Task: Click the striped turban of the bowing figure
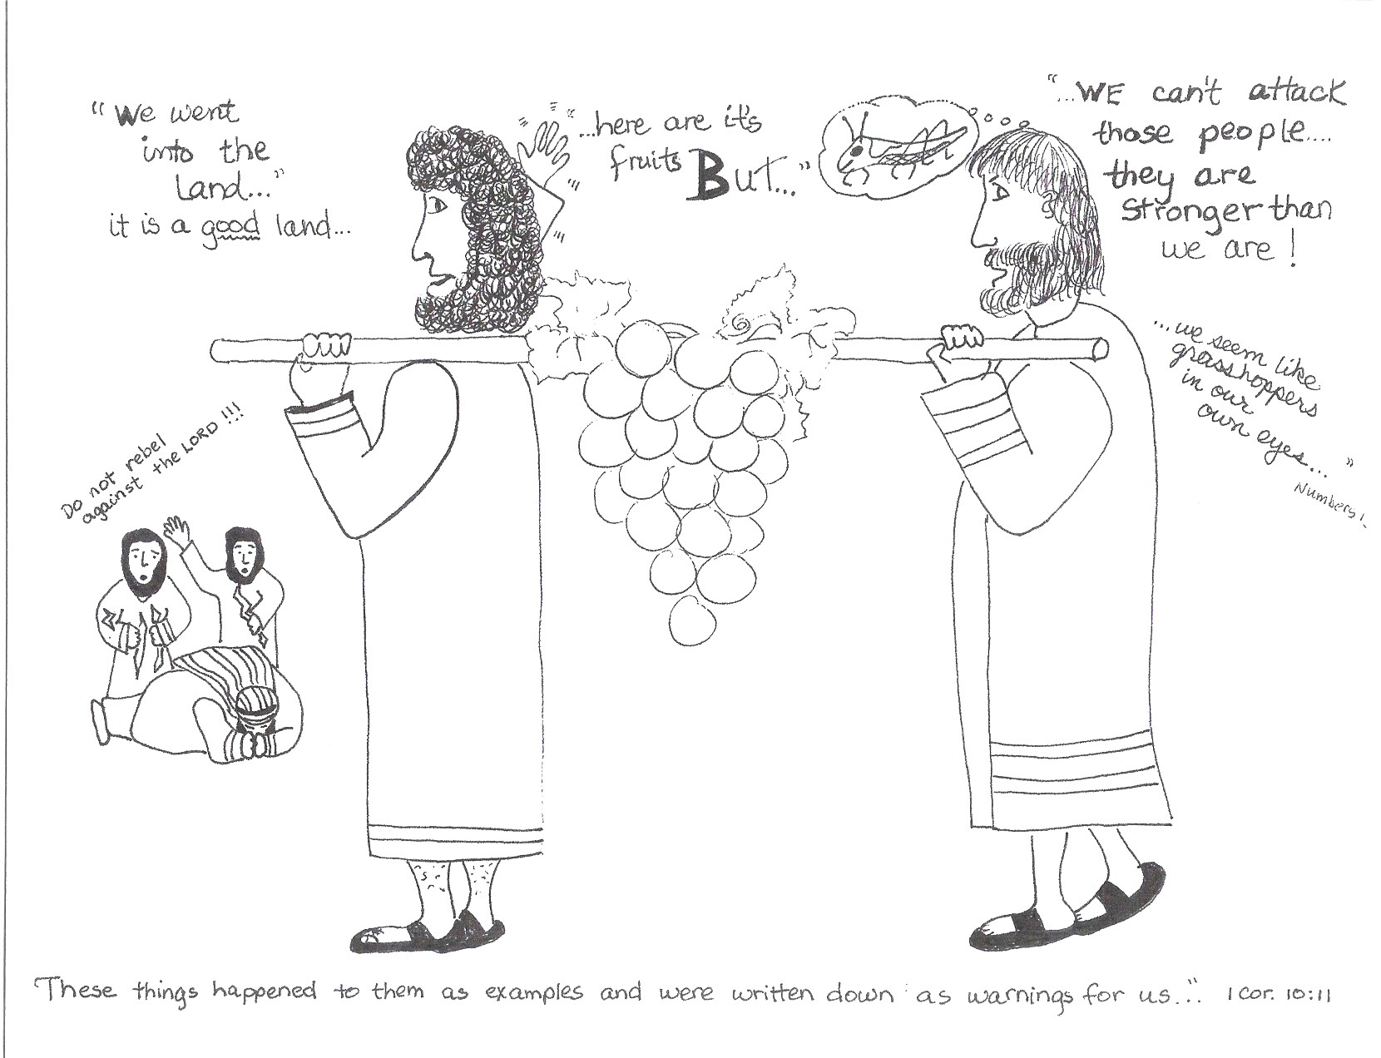click(x=257, y=708)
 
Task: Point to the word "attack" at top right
click(x=1295, y=94)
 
